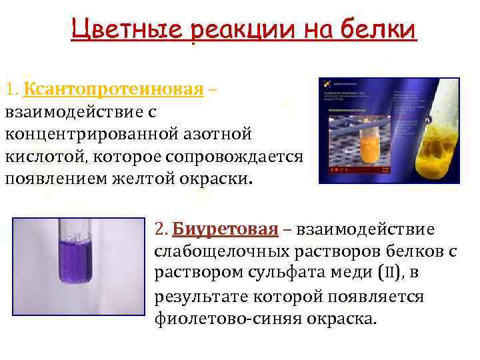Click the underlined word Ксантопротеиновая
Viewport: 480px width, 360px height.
click(x=113, y=89)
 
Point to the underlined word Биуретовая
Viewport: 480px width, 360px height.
click(x=224, y=229)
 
